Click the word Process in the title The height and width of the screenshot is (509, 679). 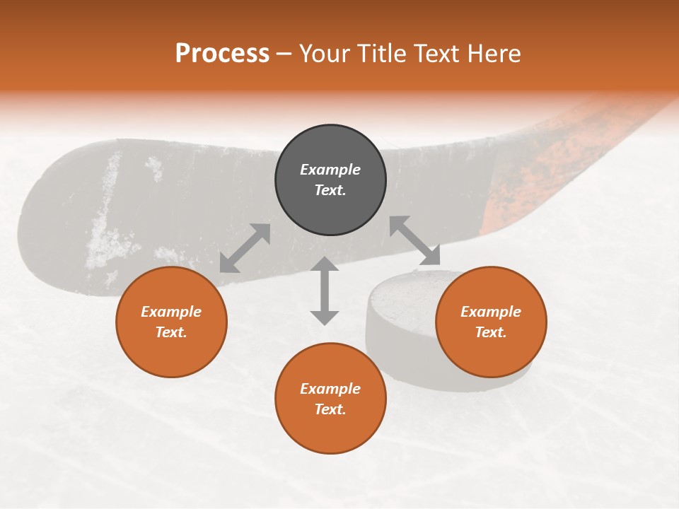click(x=222, y=54)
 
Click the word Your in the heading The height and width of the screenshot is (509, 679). click(x=324, y=54)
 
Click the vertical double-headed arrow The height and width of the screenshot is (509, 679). click(x=325, y=291)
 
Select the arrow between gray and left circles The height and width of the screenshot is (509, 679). click(x=245, y=248)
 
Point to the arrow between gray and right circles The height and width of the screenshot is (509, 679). click(x=415, y=241)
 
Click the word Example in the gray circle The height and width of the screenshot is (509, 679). click(x=330, y=170)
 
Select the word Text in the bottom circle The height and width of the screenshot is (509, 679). click(x=330, y=409)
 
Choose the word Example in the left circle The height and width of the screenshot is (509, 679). click(x=171, y=312)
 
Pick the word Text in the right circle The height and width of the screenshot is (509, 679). click(x=491, y=332)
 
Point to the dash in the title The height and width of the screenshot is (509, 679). click(x=284, y=54)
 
